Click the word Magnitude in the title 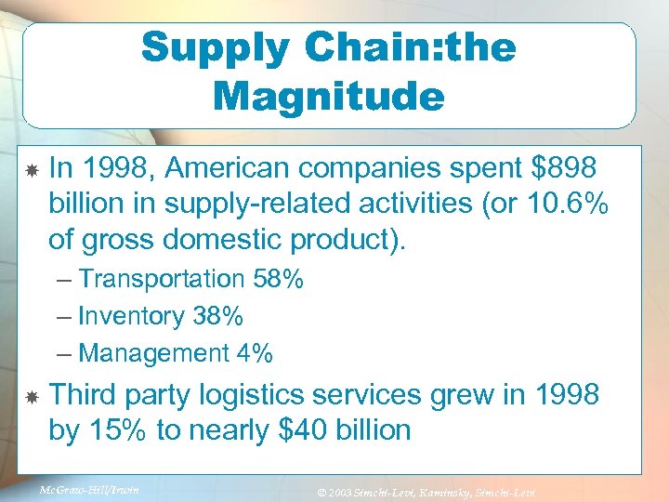(329, 96)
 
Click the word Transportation (161, 279)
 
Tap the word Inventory (132, 316)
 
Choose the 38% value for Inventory (218, 316)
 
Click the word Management (153, 353)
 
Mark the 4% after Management (254, 353)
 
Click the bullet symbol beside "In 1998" (31, 170)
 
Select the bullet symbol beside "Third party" (31, 397)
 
